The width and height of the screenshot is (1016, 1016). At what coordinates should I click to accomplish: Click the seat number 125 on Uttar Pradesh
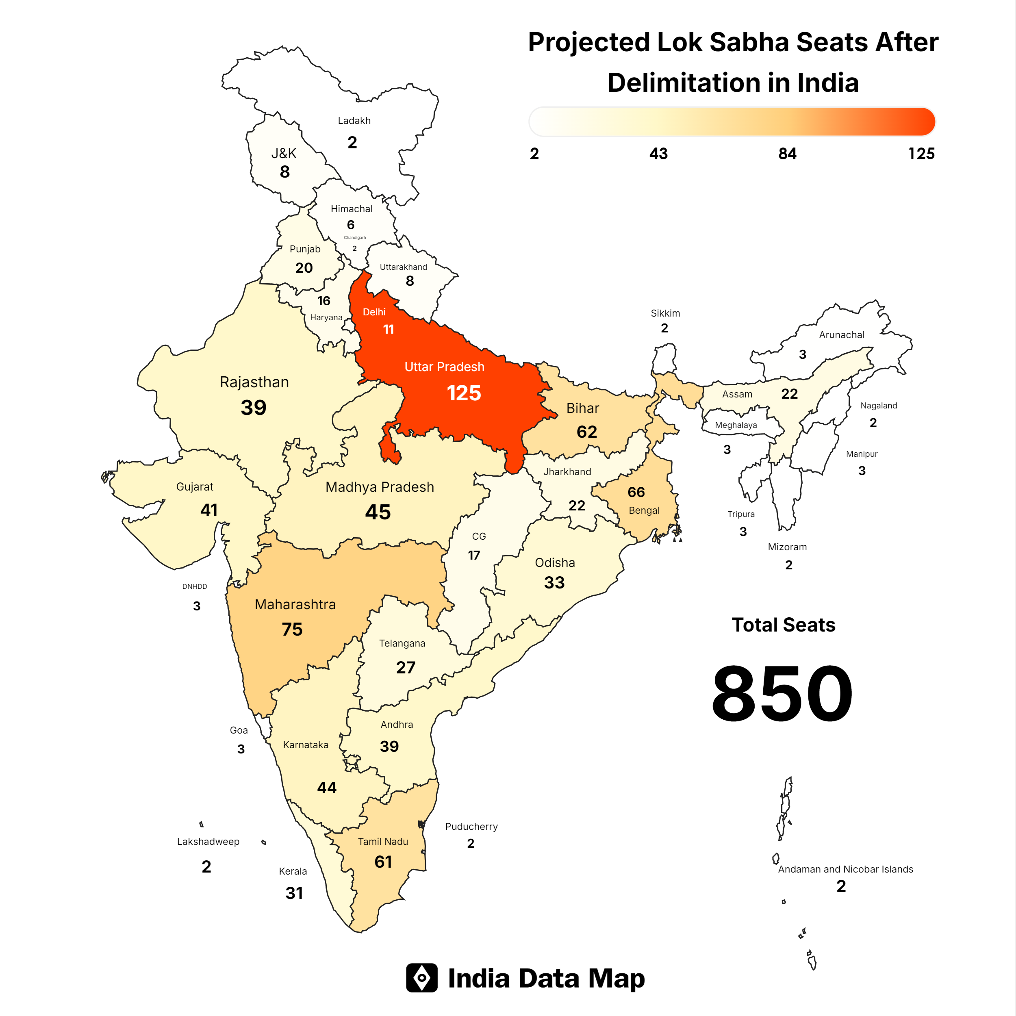click(x=463, y=393)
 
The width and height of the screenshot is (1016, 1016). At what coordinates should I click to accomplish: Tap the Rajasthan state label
click(x=254, y=382)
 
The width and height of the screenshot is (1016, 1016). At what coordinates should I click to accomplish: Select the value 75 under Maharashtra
click(x=292, y=630)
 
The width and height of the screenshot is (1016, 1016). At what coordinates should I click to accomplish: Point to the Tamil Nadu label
click(x=383, y=841)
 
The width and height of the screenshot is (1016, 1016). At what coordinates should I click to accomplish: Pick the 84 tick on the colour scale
click(x=787, y=154)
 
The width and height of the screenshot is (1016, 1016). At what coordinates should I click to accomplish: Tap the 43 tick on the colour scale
click(x=658, y=154)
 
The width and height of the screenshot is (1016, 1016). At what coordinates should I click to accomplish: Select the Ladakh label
click(x=354, y=121)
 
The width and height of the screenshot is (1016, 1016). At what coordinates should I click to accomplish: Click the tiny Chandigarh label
click(x=355, y=238)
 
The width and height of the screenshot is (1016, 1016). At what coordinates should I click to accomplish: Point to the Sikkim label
click(x=665, y=313)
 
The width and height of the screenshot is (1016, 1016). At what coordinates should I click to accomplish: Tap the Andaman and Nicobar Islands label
click(x=845, y=869)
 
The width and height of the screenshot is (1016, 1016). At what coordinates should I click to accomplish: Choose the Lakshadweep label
click(x=208, y=841)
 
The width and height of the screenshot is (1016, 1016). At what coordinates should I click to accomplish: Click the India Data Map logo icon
click(x=421, y=978)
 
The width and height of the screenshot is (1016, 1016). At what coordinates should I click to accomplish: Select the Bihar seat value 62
click(x=587, y=432)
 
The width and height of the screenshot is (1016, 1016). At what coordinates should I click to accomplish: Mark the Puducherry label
click(x=471, y=827)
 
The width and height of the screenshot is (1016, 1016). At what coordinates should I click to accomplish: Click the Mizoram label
click(x=787, y=547)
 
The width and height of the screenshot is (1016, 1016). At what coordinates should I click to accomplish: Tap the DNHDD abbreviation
click(x=195, y=586)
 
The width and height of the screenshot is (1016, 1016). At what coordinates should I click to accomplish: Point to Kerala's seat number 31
click(x=294, y=893)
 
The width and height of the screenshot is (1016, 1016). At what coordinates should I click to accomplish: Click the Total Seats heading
click(x=783, y=625)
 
